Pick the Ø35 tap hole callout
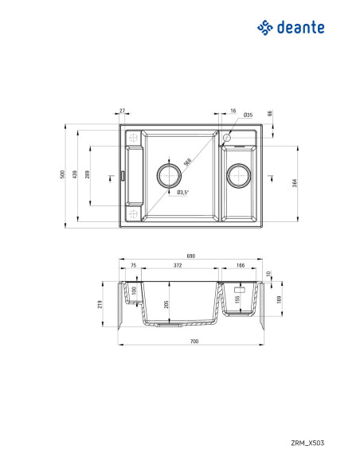(x=226, y=116)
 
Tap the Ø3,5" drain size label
(x=182, y=192)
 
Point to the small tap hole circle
(x=226, y=137)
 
